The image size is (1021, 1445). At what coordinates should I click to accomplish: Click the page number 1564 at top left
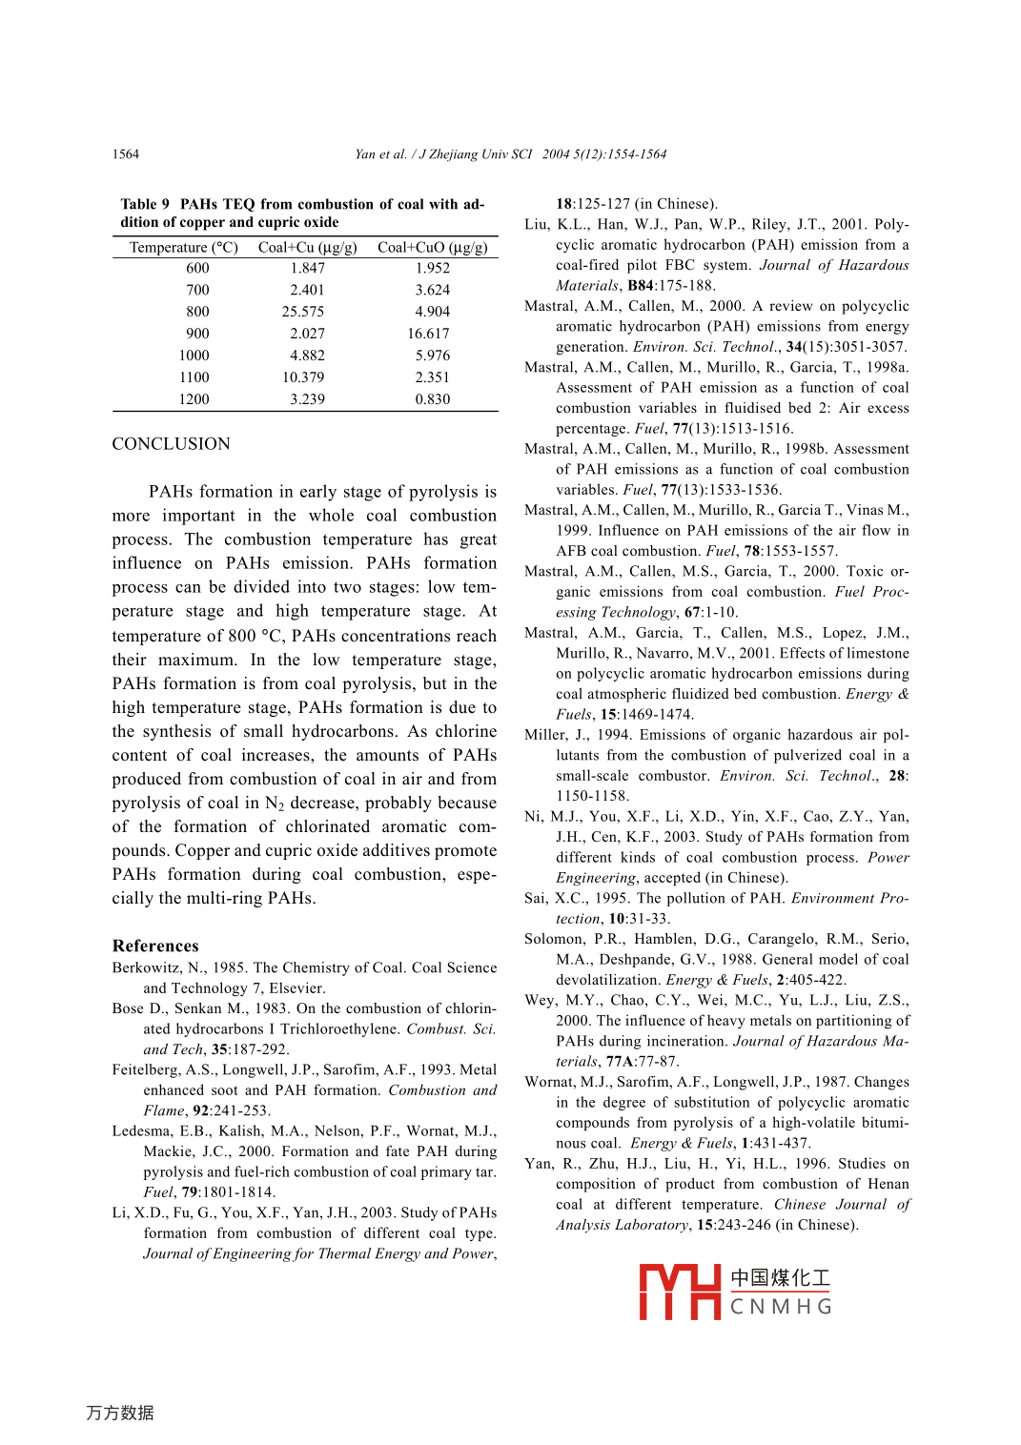(x=126, y=154)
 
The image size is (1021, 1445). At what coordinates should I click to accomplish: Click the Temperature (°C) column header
(x=184, y=248)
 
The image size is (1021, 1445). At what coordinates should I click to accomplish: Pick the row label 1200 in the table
(x=194, y=399)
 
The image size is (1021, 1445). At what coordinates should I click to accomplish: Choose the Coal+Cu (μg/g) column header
(x=307, y=248)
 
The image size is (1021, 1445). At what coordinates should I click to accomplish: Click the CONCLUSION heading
(x=172, y=444)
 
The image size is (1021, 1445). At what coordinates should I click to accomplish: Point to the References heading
(x=155, y=946)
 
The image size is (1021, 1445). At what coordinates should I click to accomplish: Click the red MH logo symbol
(x=679, y=1292)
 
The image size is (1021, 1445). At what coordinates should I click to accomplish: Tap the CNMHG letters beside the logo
(x=781, y=1307)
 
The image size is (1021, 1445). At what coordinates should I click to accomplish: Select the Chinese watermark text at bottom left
(x=120, y=1413)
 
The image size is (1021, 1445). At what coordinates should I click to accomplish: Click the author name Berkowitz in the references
(x=148, y=967)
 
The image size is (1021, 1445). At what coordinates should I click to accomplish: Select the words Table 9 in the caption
(x=145, y=204)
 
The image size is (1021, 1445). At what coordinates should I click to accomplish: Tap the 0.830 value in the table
(x=432, y=399)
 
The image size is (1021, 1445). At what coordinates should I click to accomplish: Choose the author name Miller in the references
(x=545, y=735)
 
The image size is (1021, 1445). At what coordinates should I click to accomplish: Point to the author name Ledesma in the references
(x=141, y=1131)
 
